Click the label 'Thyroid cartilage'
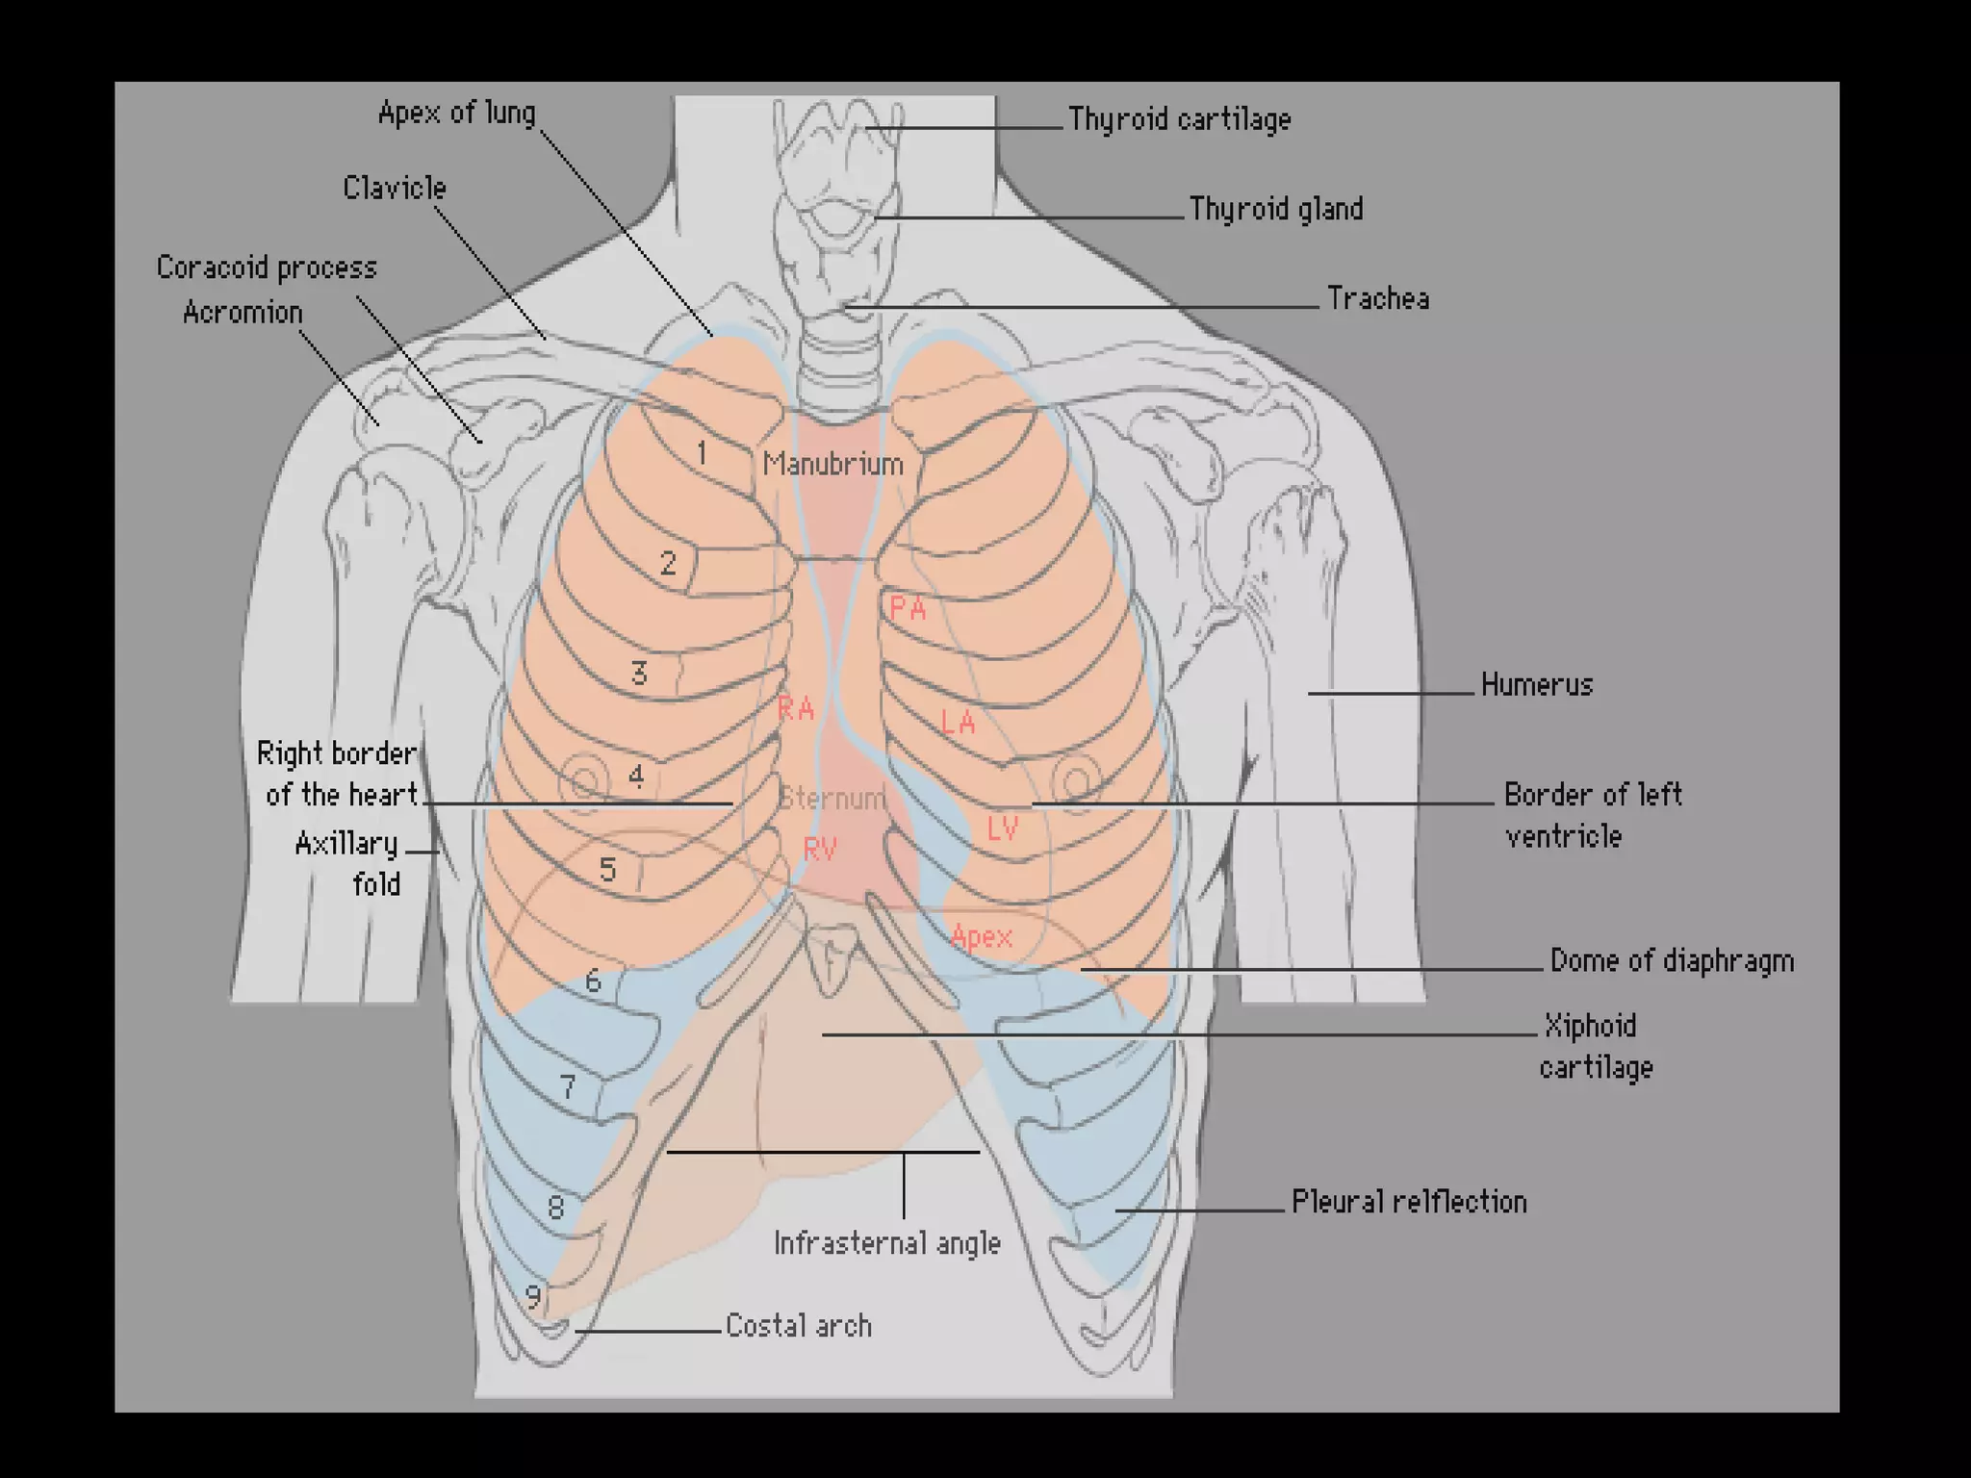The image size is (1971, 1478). click(x=1179, y=119)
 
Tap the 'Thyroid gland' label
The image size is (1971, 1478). click(x=1275, y=209)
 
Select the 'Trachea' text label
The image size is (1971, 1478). click(x=1377, y=298)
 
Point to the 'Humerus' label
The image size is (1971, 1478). click(x=1536, y=685)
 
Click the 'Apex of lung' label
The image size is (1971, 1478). click(x=456, y=113)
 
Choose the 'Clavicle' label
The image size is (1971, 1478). click(x=395, y=188)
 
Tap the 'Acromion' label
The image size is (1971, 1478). click(x=243, y=313)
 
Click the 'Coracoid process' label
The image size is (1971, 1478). click(x=267, y=268)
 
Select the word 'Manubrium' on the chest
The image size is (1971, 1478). click(x=832, y=465)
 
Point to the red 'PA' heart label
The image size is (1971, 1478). click(x=907, y=608)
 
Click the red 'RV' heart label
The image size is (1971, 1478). click(x=820, y=849)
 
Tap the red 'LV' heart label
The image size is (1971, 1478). click(x=1002, y=828)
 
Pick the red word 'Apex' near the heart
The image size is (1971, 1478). click(x=981, y=936)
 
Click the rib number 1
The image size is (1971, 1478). click(x=702, y=452)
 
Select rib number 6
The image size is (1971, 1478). click(x=593, y=981)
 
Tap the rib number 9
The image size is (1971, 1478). click(x=533, y=1296)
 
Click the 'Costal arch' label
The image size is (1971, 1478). click(x=798, y=1326)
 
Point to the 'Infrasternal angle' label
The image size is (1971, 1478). click(x=886, y=1243)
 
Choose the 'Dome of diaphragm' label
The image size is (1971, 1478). click(x=1671, y=960)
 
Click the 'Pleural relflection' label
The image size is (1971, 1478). click(x=1408, y=1202)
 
